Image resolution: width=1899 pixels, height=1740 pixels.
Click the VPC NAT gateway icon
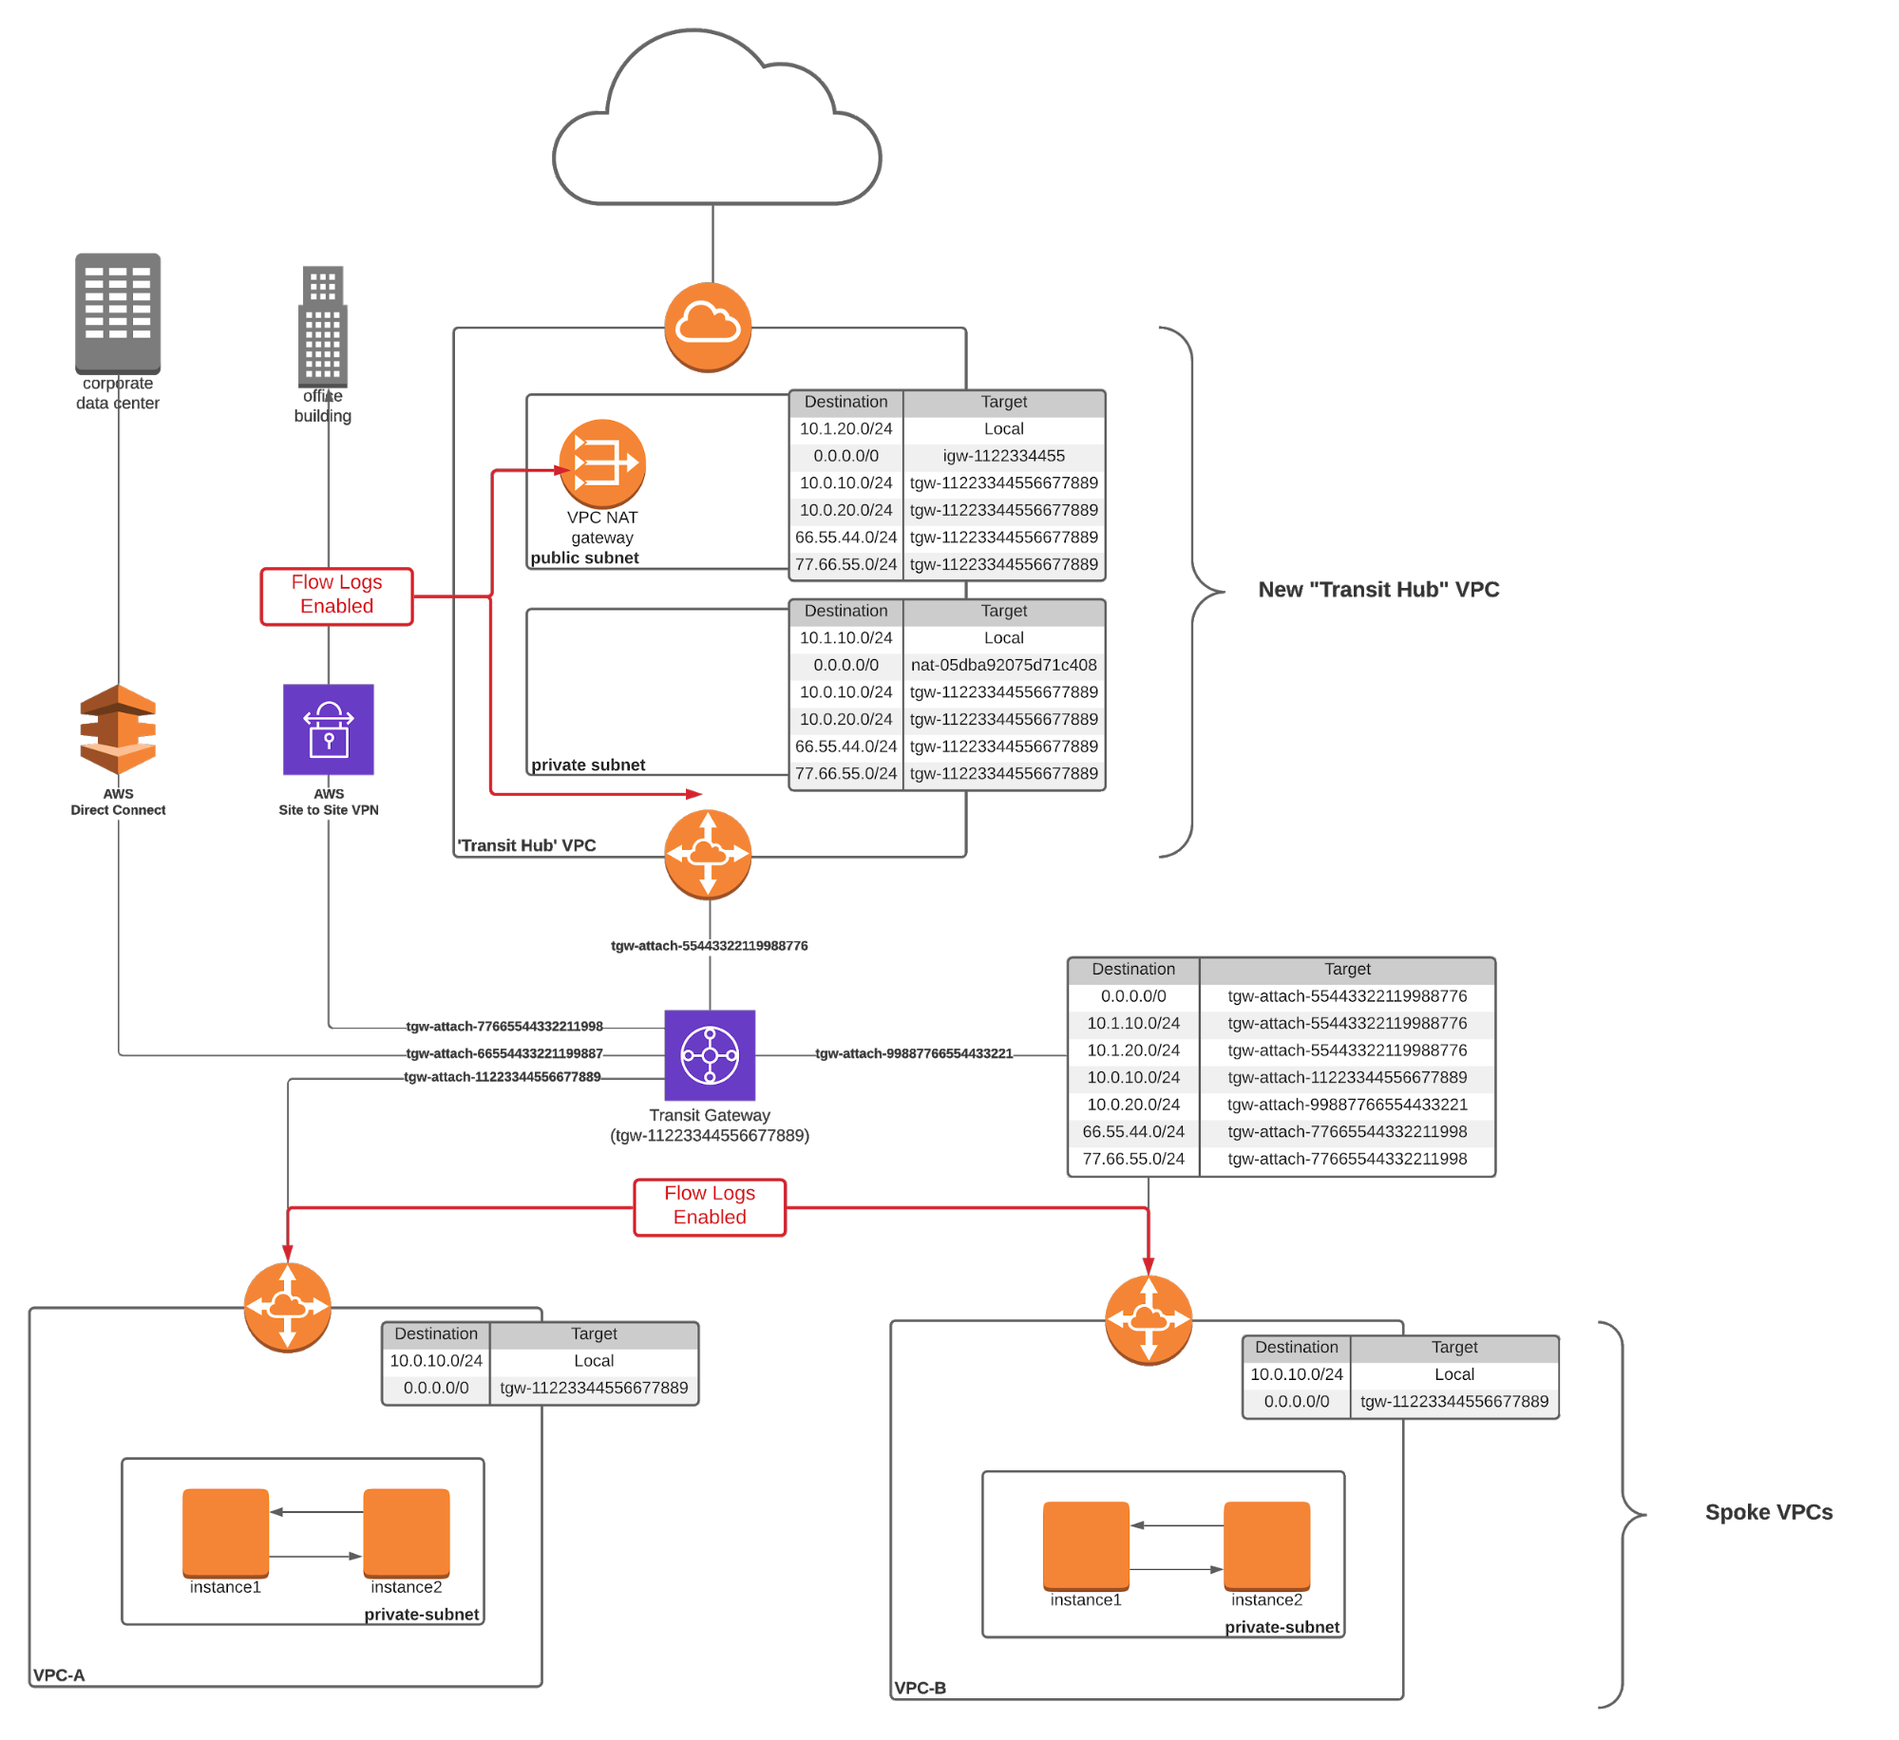tap(602, 463)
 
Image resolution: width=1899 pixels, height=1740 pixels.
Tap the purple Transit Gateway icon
tap(710, 1054)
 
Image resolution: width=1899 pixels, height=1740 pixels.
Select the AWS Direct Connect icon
tap(118, 728)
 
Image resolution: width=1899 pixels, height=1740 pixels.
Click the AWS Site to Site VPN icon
tap(329, 728)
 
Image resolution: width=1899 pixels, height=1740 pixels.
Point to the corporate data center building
tap(118, 312)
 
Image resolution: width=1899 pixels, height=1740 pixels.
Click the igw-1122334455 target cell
tap(1003, 456)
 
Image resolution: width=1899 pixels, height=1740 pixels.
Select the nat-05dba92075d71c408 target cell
tap(1003, 665)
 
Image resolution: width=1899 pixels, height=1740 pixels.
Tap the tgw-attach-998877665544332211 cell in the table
tap(1346, 1105)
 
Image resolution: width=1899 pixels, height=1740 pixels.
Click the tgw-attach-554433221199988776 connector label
tap(710, 946)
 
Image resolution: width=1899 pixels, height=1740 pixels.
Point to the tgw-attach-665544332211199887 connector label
tap(504, 1053)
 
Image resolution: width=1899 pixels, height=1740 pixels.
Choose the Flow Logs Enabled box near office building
tap(337, 596)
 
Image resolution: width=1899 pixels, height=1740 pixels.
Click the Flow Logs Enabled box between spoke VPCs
tap(710, 1206)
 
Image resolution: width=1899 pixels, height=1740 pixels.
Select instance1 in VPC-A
tap(226, 1532)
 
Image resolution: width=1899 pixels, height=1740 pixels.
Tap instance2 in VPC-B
tap(1266, 1544)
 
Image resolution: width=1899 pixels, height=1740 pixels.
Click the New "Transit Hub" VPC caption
tap(1378, 590)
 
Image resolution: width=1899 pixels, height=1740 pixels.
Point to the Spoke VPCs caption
tap(1768, 1512)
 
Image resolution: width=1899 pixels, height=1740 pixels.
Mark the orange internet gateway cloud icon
tap(708, 326)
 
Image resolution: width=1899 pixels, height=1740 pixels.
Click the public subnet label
tap(584, 558)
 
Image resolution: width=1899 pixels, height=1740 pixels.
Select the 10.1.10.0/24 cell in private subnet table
tap(845, 638)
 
